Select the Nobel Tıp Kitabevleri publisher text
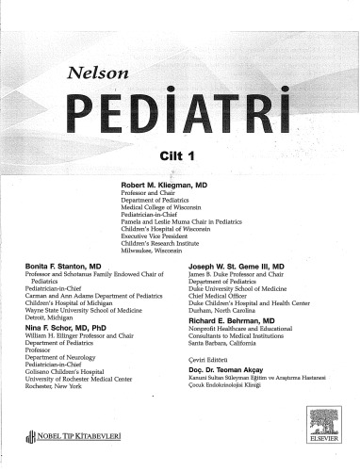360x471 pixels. coord(74,437)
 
